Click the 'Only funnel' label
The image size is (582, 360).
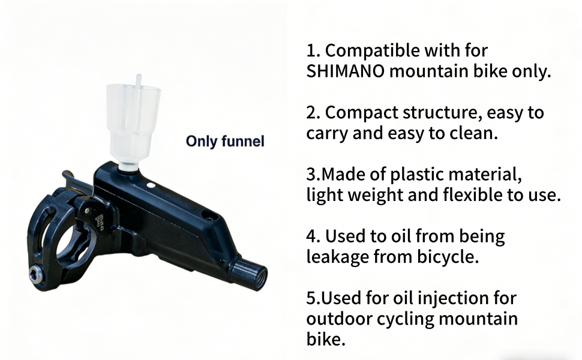(225, 142)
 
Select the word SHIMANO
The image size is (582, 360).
(345, 71)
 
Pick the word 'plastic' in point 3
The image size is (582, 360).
(422, 175)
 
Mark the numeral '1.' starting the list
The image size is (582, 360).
(313, 51)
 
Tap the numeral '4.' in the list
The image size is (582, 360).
(314, 236)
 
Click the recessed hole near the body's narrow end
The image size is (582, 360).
(208, 215)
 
